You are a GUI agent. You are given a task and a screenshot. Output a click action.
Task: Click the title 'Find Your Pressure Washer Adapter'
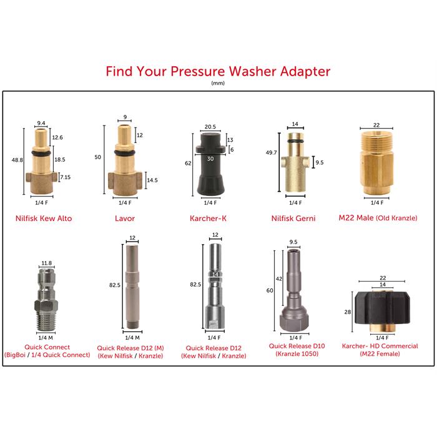click(218, 71)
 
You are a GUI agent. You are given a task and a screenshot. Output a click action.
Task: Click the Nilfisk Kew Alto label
click(46, 219)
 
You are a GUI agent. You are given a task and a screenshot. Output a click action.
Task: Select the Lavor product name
click(124, 219)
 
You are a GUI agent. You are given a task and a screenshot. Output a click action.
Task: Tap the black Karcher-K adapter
click(209, 165)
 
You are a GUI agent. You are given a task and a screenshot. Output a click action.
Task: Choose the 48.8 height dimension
click(18, 160)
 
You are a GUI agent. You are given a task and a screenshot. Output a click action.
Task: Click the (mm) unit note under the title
click(218, 83)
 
